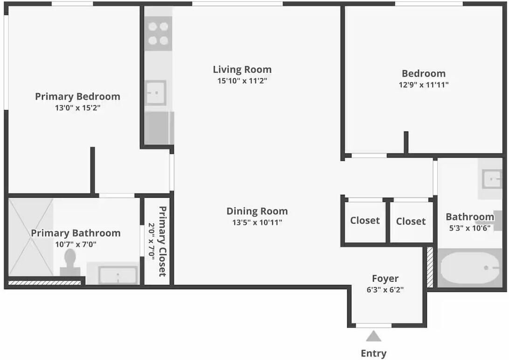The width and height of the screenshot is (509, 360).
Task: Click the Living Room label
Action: (x=242, y=69)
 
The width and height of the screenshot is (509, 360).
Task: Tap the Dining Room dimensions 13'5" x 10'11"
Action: (x=257, y=223)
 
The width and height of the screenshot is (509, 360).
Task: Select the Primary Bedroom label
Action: (x=77, y=96)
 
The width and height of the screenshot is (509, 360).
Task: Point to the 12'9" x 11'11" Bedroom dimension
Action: (x=424, y=85)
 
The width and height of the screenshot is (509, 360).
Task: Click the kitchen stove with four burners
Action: (x=158, y=33)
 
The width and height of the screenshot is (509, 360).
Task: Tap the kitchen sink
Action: (x=156, y=93)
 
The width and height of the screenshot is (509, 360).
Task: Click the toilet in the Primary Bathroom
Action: (x=70, y=263)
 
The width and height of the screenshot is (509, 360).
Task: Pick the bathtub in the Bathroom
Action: (x=470, y=268)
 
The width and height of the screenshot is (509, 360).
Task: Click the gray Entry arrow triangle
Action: (x=374, y=336)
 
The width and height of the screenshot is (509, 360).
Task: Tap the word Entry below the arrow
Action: (x=374, y=353)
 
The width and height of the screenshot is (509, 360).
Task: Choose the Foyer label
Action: (x=385, y=278)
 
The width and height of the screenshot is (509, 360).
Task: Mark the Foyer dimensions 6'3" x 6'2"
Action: (x=385, y=290)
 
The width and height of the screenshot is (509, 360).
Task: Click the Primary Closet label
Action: (x=162, y=241)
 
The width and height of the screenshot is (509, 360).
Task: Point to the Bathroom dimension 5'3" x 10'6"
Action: (x=470, y=228)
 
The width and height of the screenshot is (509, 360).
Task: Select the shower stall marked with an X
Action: (x=31, y=237)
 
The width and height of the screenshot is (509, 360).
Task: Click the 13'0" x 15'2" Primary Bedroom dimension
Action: (x=77, y=108)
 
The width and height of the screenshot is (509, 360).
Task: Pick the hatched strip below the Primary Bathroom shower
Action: (x=44, y=283)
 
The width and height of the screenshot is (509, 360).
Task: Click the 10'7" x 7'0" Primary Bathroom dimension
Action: (x=76, y=244)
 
